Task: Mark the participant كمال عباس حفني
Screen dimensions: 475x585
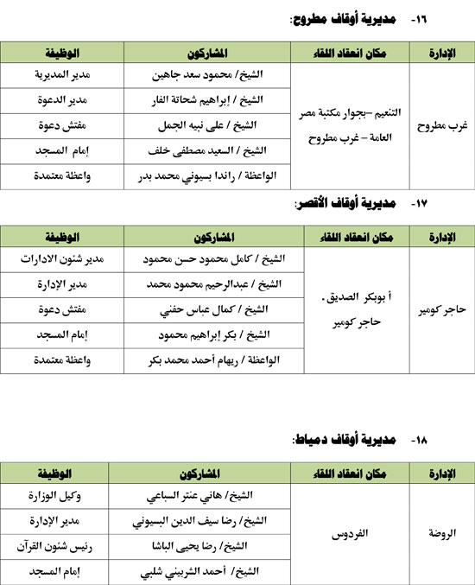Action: point(212,308)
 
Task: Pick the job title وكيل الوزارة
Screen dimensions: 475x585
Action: point(57,495)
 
